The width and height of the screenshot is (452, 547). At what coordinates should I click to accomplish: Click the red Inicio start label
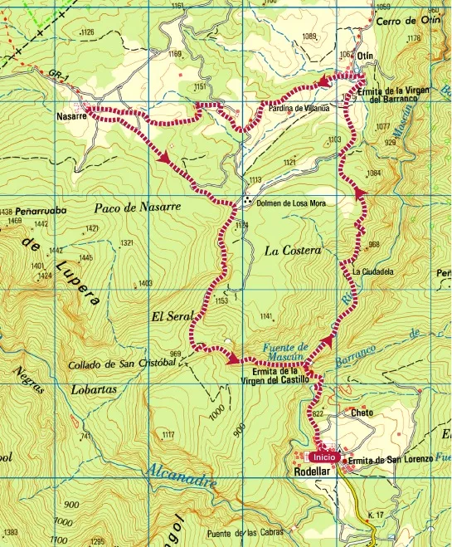(x=323, y=457)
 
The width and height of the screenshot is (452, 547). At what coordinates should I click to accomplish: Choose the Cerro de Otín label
(x=406, y=21)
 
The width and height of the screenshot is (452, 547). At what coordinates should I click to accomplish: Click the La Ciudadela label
(x=371, y=271)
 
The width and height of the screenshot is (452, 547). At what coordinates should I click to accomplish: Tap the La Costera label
(x=292, y=250)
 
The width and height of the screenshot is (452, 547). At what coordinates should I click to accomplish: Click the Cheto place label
(x=362, y=413)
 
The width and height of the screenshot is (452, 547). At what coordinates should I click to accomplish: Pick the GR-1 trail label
(x=56, y=75)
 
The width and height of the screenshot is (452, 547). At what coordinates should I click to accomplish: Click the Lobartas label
(x=93, y=388)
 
